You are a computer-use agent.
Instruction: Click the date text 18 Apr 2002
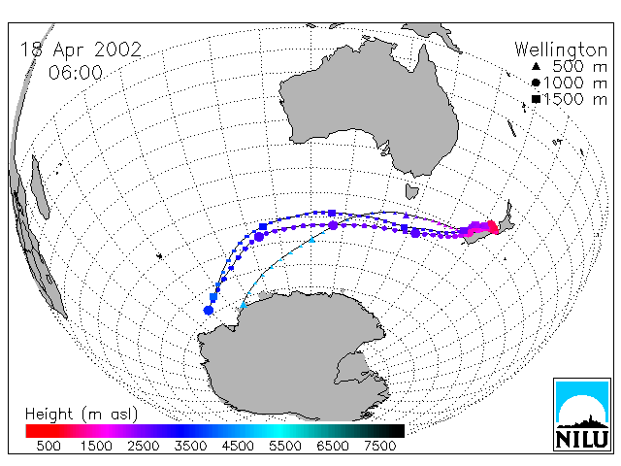pos(81,50)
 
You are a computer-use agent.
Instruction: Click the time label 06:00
pos(76,73)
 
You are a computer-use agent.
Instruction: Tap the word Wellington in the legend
pos(561,50)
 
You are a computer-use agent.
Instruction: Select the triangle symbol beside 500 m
pos(536,66)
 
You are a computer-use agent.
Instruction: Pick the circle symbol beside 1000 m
pos(536,83)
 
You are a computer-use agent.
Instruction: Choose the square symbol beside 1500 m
pos(537,99)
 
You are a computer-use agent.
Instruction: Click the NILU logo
pos(582,415)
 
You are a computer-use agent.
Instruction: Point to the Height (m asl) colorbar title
pos(82,415)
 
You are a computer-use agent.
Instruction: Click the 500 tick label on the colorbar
pos(49,446)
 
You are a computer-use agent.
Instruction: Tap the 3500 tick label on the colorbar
pos(190,446)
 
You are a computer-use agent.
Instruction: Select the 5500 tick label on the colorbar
pos(285,446)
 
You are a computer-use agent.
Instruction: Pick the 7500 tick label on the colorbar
pos(379,446)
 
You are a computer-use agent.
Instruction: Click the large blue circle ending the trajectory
pos(209,310)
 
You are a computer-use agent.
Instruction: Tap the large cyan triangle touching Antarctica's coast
pos(244,304)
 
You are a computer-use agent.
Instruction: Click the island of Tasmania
pos(411,191)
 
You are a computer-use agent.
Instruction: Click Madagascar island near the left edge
pos(40,187)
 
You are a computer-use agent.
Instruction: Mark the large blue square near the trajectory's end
pos(213,297)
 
